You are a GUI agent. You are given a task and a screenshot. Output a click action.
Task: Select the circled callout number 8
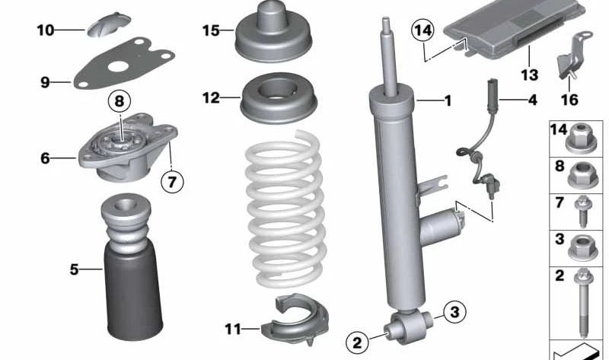click(119, 100)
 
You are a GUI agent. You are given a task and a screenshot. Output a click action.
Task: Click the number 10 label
click(45, 30)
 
